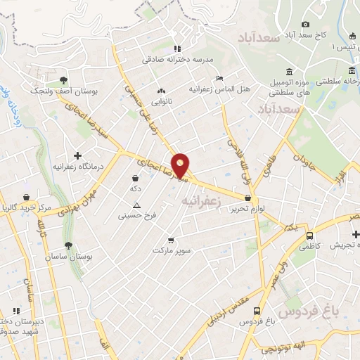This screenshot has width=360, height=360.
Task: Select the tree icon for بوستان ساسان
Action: pos(68,245)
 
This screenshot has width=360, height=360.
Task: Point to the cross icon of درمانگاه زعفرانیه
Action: pos(77,155)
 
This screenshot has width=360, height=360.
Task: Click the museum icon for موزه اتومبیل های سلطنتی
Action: pos(290,72)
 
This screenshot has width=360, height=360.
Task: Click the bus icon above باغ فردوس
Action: pos(258,310)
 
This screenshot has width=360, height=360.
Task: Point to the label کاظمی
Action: pos(309,247)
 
